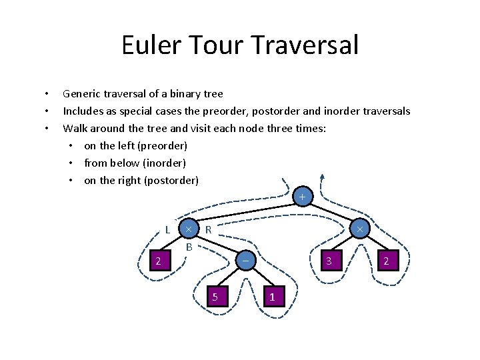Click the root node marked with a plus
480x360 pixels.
pyautogui.click(x=302, y=197)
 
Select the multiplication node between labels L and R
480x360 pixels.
pyautogui.click(x=189, y=229)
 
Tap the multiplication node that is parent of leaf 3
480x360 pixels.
pyautogui.click(x=359, y=229)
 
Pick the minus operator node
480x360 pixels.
pyautogui.click(x=245, y=261)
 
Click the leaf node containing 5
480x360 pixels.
pyautogui.click(x=215, y=296)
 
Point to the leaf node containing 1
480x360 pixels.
pyautogui.click(x=272, y=296)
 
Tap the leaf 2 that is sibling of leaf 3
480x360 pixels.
pyautogui.click(x=386, y=261)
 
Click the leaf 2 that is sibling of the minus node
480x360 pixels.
pyautogui.click(x=158, y=261)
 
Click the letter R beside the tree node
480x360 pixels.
pyautogui.click(x=208, y=230)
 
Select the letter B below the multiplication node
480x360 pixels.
pyautogui.click(x=189, y=247)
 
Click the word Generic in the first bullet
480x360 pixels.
pyautogui.click(x=81, y=93)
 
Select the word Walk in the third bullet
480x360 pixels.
pyautogui.click(x=75, y=128)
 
